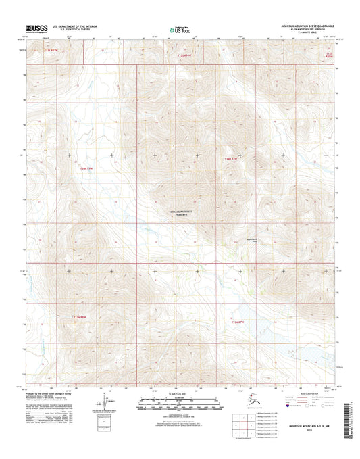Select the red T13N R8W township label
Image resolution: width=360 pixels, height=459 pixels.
(81, 315)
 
